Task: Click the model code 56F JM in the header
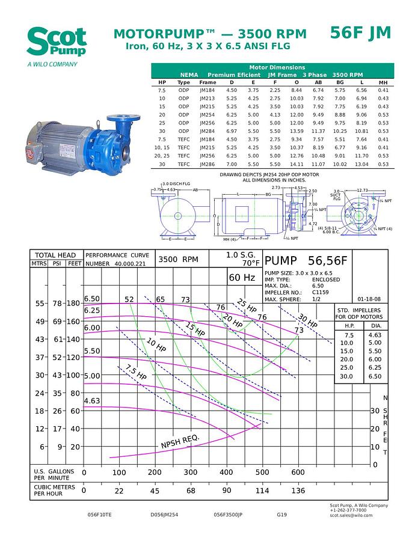point(360,33)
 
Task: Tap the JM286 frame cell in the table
point(207,164)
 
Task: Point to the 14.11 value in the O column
point(297,164)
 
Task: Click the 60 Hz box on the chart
point(242,278)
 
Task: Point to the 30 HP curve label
point(307,322)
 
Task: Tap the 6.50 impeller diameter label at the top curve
point(92,299)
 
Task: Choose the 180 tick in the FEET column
point(74,304)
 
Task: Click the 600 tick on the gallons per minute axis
point(298,472)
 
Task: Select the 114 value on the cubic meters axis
point(262,491)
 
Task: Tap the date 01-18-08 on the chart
point(369,299)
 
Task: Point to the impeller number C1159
point(321,292)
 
